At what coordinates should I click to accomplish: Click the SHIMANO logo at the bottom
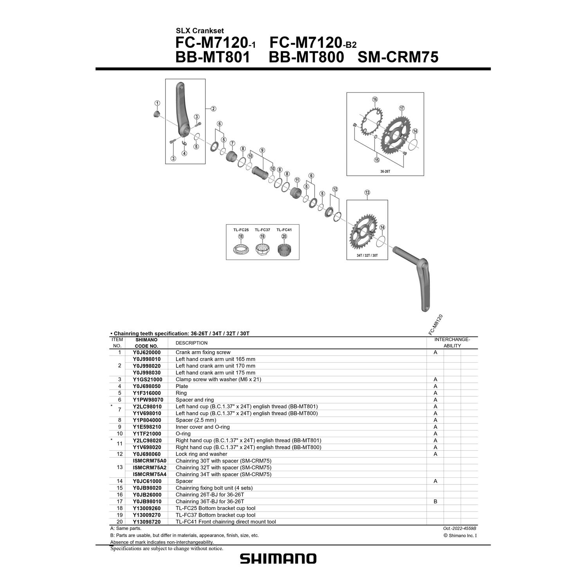pos(278,558)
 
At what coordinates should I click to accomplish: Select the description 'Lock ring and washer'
pos(201,454)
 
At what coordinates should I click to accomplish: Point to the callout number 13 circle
pos(367,193)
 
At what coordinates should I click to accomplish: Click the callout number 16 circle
pos(375,99)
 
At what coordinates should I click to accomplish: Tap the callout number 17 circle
pos(402,108)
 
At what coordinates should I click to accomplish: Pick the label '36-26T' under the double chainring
pos(385,171)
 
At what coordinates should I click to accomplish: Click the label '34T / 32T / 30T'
pos(367,255)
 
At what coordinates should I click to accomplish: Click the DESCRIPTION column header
pos(191,343)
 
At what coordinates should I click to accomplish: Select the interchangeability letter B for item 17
pos(435,501)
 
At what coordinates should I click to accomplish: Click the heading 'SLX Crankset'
pos(200,31)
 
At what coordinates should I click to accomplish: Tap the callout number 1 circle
pos(157,103)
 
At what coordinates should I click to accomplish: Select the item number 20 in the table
pos(119,522)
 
